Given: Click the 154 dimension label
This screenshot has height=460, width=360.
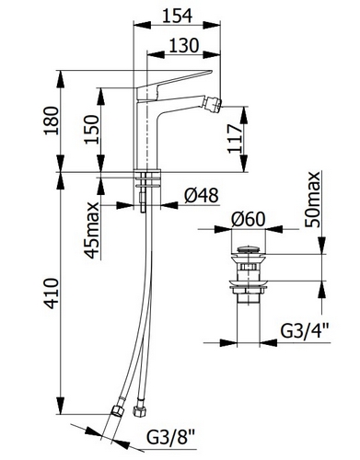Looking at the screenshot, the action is pyautogui.click(x=177, y=16).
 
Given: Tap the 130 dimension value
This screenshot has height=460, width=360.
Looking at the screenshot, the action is pyautogui.click(x=184, y=45).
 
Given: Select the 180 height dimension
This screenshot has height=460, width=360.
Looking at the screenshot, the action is pyautogui.click(x=51, y=121).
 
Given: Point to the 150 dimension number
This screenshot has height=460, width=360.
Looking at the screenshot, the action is pyautogui.click(x=92, y=129).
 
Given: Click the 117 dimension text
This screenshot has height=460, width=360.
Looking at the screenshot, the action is pyautogui.click(x=235, y=139).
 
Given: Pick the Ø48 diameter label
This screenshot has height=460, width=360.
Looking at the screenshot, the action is pyautogui.click(x=201, y=195).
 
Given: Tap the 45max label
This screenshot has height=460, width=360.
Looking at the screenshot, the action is pyautogui.click(x=92, y=230).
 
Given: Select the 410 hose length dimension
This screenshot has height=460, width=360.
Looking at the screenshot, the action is pyautogui.click(x=51, y=293).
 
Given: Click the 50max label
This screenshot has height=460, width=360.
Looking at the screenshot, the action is pyautogui.click(x=312, y=200).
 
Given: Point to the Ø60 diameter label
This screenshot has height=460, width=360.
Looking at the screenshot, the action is pyautogui.click(x=248, y=219).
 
